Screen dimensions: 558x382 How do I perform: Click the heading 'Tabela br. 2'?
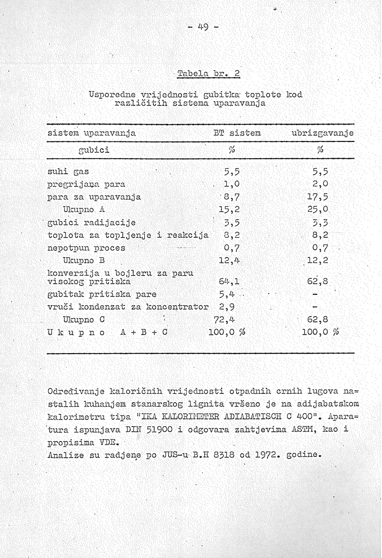click(208, 74)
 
